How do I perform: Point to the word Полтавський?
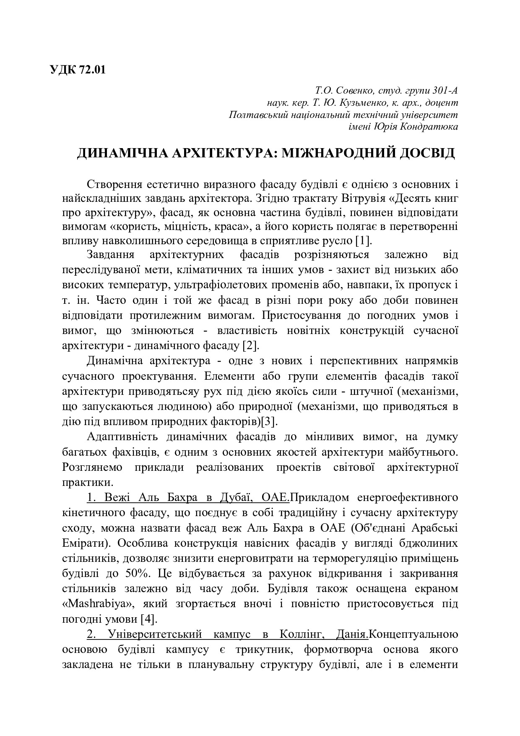(255, 115)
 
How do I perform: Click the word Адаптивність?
(122, 436)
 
